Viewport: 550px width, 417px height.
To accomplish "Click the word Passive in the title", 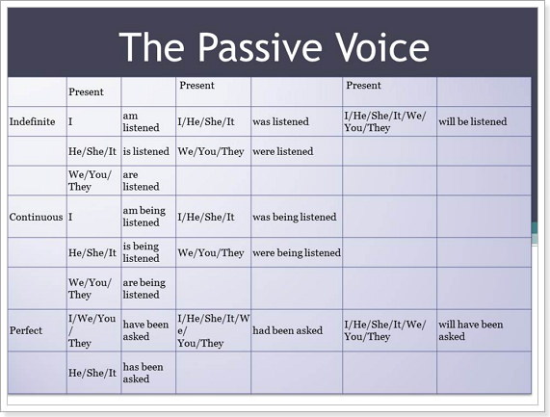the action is click(x=260, y=48).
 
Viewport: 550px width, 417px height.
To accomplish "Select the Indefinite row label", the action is click(x=33, y=121).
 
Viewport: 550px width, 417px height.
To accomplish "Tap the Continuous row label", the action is click(x=37, y=217).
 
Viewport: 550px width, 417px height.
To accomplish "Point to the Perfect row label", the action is click(x=26, y=330).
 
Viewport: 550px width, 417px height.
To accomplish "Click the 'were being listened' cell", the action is click(x=297, y=253).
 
